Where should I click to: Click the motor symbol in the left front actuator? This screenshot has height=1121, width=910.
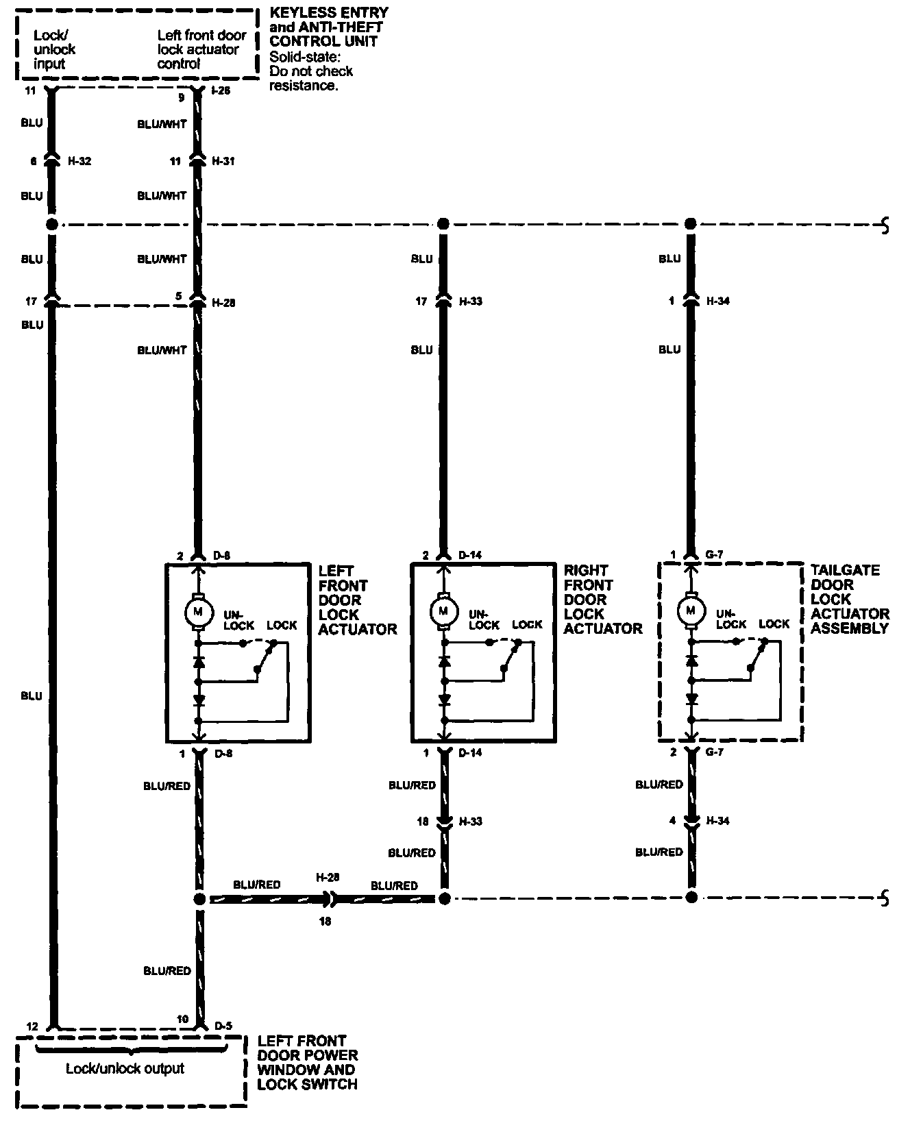click(x=199, y=611)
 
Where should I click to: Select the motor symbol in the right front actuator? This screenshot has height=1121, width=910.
click(x=444, y=610)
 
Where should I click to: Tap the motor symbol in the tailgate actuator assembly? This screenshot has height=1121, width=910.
click(x=691, y=610)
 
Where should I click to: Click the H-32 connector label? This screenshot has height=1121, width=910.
click(x=79, y=162)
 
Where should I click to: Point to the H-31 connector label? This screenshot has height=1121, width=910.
click(x=223, y=162)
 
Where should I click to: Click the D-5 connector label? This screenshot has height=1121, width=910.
click(x=223, y=1026)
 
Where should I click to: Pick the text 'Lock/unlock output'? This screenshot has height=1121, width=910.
click(x=125, y=1068)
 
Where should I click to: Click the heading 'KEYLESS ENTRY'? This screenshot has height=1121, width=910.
click(x=329, y=13)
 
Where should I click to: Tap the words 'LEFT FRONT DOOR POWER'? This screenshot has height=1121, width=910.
click(x=308, y=1048)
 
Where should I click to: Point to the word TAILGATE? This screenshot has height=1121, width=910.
click(x=845, y=570)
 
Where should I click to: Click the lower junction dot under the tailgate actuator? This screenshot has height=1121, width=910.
click(x=691, y=898)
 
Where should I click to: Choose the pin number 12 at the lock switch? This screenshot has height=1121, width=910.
click(x=32, y=1026)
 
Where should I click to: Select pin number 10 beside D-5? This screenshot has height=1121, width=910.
click(x=182, y=1020)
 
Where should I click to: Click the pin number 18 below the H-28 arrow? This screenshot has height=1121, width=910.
click(x=325, y=922)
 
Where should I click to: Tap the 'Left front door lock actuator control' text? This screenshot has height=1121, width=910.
click(x=201, y=49)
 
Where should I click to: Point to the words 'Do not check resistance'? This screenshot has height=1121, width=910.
click(x=310, y=79)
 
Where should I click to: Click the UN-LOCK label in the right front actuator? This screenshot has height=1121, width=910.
click(x=484, y=620)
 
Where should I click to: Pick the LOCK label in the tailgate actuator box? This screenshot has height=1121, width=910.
click(x=774, y=624)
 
